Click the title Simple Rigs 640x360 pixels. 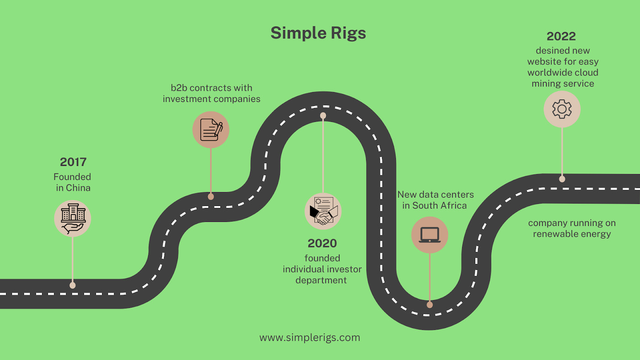(x=318, y=33)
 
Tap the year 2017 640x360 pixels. (x=73, y=162)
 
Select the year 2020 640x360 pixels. (x=322, y=243)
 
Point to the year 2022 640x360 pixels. (x=561, y=36)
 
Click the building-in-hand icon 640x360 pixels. (x=73, y=218)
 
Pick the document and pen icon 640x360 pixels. (x=211, y=130)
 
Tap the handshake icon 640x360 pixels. (x=323, y=211)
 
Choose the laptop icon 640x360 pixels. (x=430, y=235)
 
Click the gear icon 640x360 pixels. (x=562, y=109)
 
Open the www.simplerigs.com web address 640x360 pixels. (x=310, y=338)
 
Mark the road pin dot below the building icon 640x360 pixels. (x=73, y=286)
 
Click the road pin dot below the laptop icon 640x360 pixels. (x=430, y=305)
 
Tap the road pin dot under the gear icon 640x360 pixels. (x=562, y=179)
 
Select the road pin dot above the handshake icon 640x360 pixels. (x=323, y=116)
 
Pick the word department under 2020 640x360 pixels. (x=321, y=281)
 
